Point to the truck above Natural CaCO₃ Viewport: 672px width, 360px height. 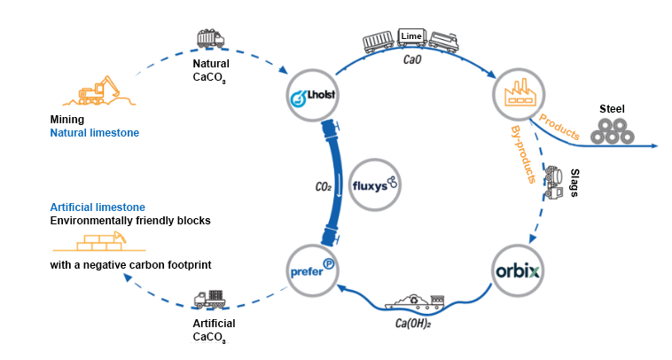tap(210, 39)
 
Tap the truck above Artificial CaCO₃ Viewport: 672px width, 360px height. tap(212, 300)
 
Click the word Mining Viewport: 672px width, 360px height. tap(67, 119)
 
